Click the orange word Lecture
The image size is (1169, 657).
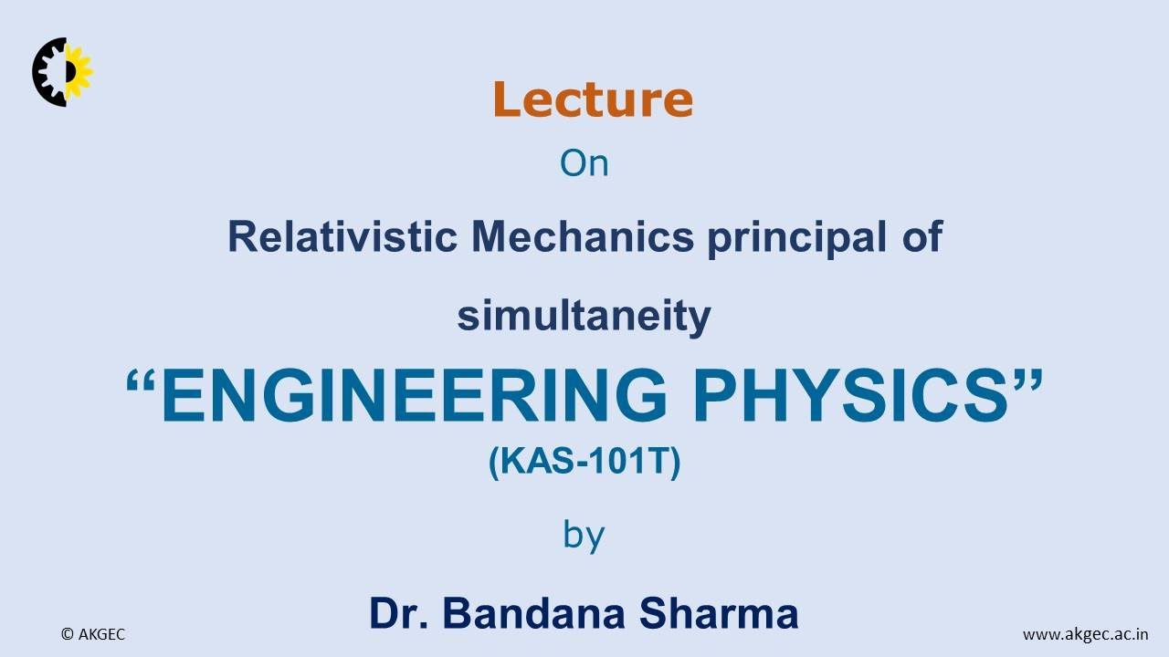tap(593, 99)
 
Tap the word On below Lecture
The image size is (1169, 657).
tap(584, 164)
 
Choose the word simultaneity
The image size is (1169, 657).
tap(584, 317)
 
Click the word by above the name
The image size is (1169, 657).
tap(584, 535)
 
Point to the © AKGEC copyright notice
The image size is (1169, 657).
tap(92, 634)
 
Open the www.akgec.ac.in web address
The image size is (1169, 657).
tap(1085, 634)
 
